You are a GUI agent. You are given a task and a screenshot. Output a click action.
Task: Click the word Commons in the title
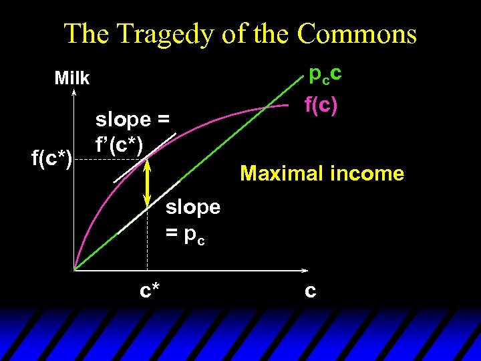point(357,33)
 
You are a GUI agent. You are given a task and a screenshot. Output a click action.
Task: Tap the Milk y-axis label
point(71,78)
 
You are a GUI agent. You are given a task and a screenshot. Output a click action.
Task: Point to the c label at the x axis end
point(310,291)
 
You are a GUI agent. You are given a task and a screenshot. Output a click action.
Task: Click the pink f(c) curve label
point(321,104)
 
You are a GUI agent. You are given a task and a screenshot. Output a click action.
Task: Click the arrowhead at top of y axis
point(73,94)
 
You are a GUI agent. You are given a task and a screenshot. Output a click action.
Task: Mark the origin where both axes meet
point(73,270)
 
